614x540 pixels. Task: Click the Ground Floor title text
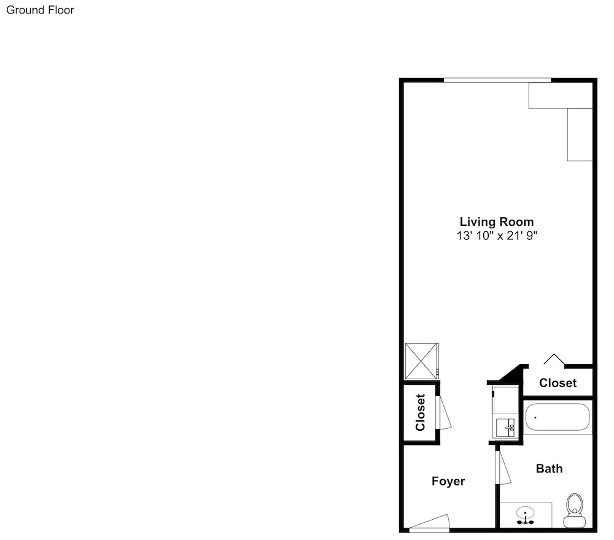click(40, 10)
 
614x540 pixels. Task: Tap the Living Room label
click(497, 222)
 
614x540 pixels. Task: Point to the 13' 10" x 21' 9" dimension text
click(497, 236)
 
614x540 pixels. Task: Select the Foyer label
click(448, 481)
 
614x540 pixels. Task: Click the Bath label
click(549, 468)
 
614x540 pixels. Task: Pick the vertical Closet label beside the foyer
click(420, 412)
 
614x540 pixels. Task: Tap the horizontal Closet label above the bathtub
click(558, 383)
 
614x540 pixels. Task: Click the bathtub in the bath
click(558, 417)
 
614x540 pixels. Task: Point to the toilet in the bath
click(575, 511)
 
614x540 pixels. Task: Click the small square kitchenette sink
click(505, 428)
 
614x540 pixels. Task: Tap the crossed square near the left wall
click(422, 361)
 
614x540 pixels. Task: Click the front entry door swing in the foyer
click(429, 523)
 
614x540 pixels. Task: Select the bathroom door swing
click(503, 468)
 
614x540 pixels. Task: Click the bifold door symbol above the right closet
click(554, 359)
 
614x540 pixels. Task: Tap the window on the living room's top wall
click(497, 80)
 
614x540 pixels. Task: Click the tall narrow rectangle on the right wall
click(580, 134)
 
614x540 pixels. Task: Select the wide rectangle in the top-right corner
click(561, 95)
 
